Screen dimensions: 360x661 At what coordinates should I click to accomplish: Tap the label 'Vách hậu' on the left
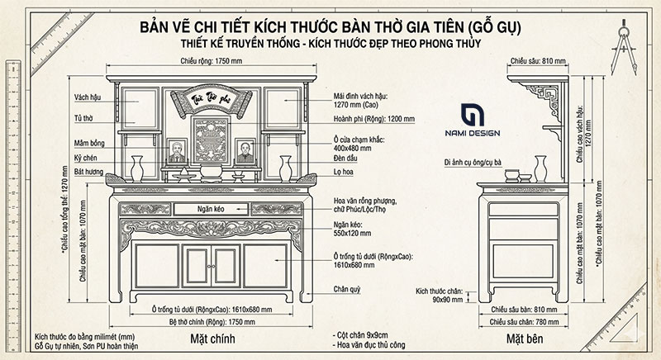point(86,97)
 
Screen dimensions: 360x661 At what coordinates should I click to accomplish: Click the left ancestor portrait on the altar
point(176,153)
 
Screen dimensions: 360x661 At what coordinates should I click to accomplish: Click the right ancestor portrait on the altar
point(245,153)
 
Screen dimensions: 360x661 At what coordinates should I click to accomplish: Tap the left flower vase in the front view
point(137,168)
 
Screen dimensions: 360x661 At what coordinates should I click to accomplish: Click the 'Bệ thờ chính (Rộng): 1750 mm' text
point(210,320)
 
